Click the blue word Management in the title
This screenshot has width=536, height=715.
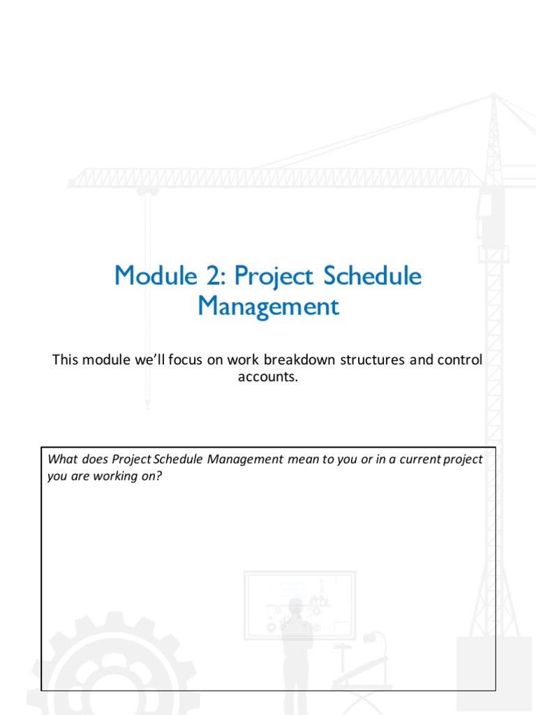(x=268, y=307)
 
